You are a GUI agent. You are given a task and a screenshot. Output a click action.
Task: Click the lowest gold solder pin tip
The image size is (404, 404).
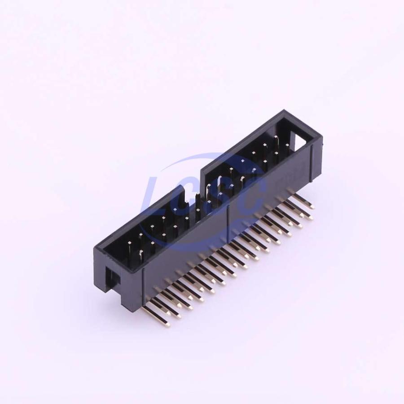[167, 325]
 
